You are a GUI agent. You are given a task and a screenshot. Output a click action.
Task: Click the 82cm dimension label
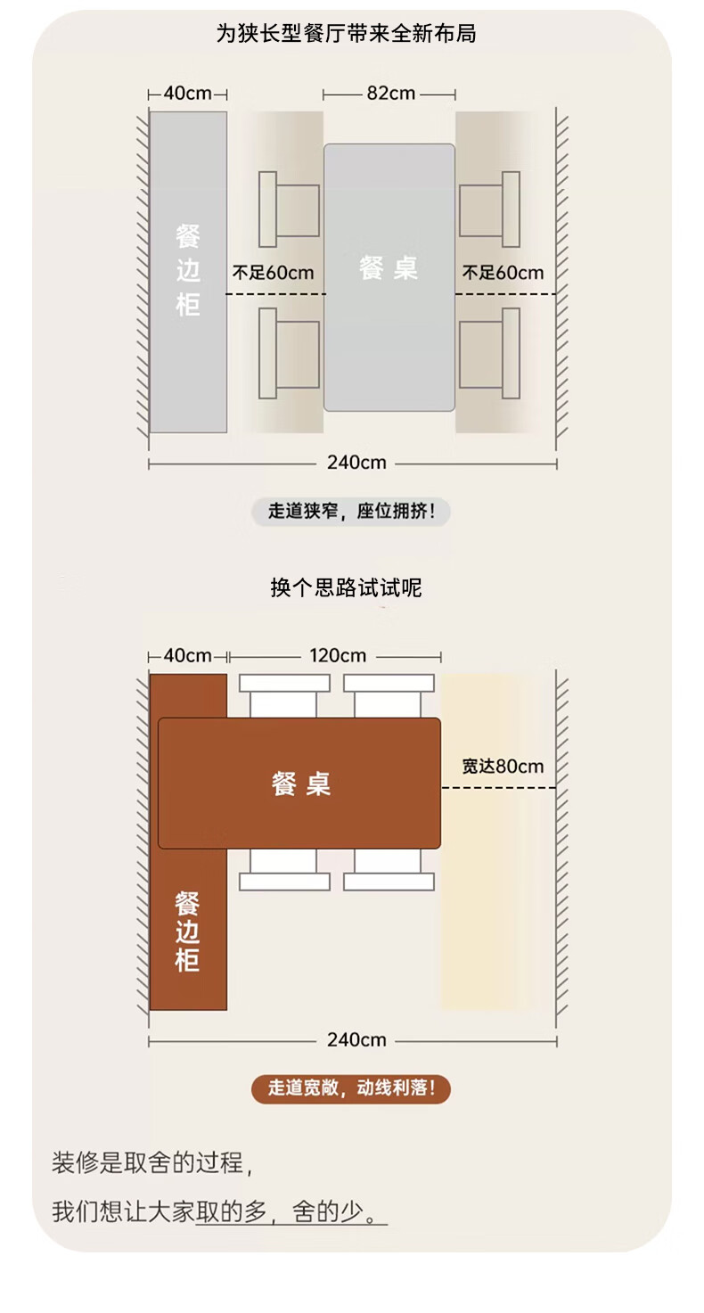coord(391,94)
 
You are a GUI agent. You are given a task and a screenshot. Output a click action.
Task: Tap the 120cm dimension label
coord(338,655)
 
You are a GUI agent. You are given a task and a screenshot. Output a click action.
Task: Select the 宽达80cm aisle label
coord(503,766)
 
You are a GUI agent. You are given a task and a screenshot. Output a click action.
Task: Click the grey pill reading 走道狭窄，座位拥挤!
coord(351,512)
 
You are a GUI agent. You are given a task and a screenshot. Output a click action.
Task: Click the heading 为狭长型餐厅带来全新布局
coord(347,33)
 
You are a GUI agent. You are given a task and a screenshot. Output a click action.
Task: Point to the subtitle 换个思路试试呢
coord(347,587)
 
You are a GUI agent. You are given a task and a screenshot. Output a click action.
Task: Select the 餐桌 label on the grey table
coord(388,268)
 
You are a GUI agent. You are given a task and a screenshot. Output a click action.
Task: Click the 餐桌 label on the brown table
coord(300,784)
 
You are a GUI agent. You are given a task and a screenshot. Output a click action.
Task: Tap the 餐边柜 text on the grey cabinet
coord(188,270)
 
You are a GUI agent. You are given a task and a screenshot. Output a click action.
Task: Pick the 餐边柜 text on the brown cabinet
coord(187,931)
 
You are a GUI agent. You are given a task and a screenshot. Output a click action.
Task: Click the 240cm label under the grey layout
coord(356,463)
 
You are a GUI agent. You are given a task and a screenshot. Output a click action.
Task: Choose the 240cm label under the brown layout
coord(356,1040)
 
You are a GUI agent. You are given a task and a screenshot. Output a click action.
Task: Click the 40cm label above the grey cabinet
coord(187,94)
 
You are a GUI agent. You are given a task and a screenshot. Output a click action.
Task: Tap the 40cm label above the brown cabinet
coord(187,655)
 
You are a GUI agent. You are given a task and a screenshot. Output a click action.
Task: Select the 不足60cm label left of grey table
coord(274,273)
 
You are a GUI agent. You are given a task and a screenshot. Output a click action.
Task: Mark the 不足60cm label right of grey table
coord(503,273)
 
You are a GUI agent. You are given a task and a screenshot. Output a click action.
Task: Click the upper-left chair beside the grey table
coord(289,209)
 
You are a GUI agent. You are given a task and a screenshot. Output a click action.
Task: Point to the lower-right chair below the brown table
coord(389,870)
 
